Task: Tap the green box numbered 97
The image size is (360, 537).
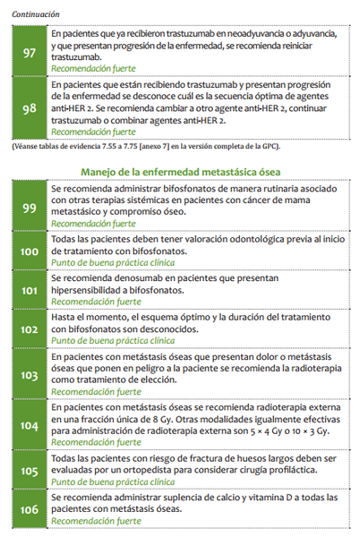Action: coord(29,53)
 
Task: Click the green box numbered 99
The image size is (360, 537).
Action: coord(29,208)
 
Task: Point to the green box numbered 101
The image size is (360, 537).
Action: coord(29,290)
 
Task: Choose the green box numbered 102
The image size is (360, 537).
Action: coord(29,328)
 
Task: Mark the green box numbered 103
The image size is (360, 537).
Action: coord(29,374)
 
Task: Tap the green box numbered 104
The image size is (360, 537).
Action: coord(29,426)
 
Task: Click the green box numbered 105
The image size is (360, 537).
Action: coord(29,471)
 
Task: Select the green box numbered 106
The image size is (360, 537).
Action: coord(29,508)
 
